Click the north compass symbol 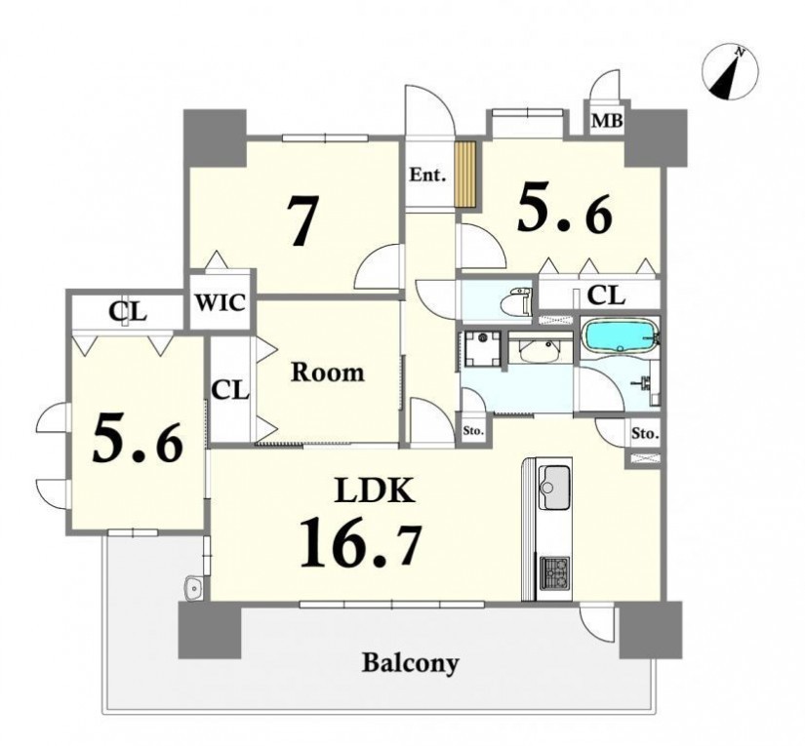(730, 72)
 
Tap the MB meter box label (607, 121)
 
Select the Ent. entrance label (427, 176)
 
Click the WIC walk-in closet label (221, 302)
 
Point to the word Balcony (410, 663)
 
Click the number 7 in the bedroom (301, 221)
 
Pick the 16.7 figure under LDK (360, 543)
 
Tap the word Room (328, 372)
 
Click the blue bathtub (621, 336)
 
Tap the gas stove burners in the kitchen (554, 572)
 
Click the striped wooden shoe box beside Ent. (465, 175)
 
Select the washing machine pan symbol (482, 349)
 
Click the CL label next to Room (230, 391)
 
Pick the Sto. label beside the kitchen (644, 434)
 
